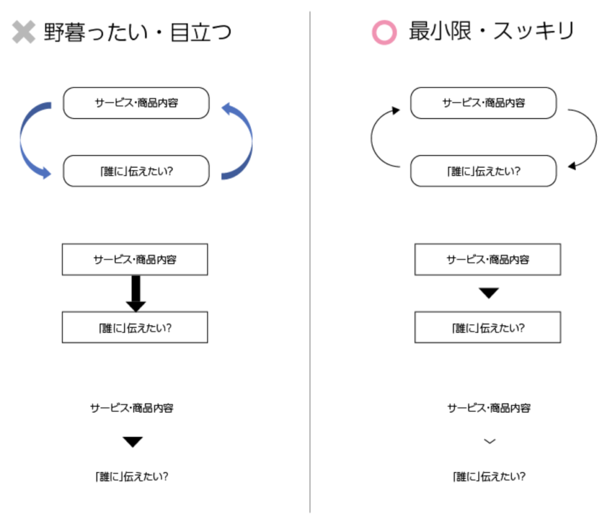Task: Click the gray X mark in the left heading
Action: click(x=23, y=32)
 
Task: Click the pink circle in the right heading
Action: click(x=384, y=32)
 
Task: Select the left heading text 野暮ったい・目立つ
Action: click(x=138, y=32)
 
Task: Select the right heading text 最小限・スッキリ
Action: click(x=491, y=31)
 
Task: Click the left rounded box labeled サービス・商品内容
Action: click(x=136, y=103)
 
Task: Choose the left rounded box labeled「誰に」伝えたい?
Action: click(x=136, y=171)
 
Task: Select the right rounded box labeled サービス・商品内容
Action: click(x=483, y=103)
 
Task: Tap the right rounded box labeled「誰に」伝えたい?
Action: click(x=483, y=171)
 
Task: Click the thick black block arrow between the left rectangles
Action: click(x=136, y=293)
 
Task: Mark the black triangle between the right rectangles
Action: click(x=489, y=293)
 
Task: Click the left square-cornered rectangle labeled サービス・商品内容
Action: click(x=135, y=259)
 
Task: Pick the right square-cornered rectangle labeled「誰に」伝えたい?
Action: click(x=488, y=327)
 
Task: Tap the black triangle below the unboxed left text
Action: click(x=133, y=442)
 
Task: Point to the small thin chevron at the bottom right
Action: click(x=490, y=442)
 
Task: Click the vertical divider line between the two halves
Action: click(x=310, y=262)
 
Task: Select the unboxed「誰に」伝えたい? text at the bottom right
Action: click(x=489, y=476)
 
